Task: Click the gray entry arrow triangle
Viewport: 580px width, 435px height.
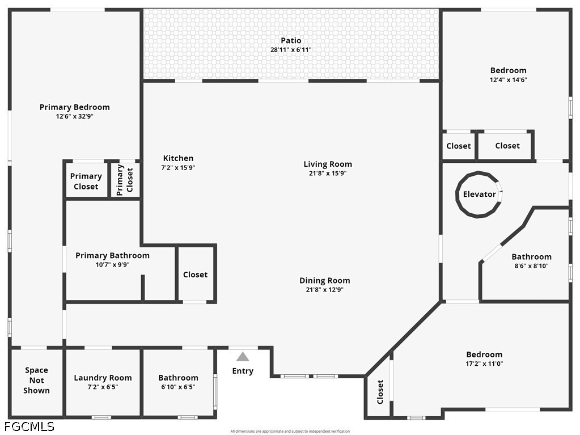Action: click(x=243, y=357)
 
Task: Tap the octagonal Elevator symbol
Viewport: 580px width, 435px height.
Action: click(x=479, y=194)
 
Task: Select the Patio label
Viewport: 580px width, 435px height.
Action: click(x=291, y=40)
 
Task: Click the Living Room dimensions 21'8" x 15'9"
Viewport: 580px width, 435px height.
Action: click(x=328, y=174)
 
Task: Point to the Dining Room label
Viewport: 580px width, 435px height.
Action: click(x=324, y=280)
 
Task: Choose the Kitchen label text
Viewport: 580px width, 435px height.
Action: click(x=178, y=158)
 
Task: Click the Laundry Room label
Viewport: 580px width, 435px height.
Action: click(x=103, y=378)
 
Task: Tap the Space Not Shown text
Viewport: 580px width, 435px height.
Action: click(x=37, y=380)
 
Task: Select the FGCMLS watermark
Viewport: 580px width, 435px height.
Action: click(x=29, y=426)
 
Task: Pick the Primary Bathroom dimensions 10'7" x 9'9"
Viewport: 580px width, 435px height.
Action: click(x=113, y=264)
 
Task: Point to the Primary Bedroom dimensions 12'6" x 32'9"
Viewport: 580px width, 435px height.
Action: click(x=74, y=116)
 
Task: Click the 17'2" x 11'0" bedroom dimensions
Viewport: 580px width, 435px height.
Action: click(x=484, y=364)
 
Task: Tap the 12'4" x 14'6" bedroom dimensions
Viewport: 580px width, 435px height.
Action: click(x=508, y=80)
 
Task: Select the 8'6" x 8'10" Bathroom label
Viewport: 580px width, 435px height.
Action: click(x=531, y=257)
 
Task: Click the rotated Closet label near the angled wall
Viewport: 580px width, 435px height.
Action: click(x=380, y=391)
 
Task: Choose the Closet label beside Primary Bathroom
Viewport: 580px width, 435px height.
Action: click(x=195, y=274)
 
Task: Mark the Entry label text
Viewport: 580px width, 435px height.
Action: click(x=243, y=371)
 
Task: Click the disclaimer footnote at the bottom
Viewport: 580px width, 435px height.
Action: click(x=290, y=431)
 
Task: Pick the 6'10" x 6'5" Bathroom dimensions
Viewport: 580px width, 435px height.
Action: click(x=178, y=387)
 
